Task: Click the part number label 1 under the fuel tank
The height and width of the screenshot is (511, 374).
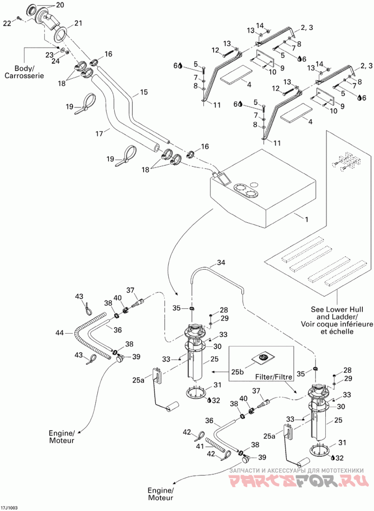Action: click(306, 219)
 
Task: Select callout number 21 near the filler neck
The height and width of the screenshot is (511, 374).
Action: click(78, 23)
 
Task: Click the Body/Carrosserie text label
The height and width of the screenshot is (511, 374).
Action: click(24, 72)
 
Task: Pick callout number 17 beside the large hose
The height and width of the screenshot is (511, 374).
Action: click(99, 133)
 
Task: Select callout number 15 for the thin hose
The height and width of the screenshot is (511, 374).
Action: click(144, 92)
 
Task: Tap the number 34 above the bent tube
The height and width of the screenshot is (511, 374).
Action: click(221, 263)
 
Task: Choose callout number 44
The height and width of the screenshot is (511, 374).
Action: click(60, 333)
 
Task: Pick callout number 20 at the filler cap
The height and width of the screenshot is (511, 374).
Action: click(60, 5)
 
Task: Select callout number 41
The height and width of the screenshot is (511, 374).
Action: click(200, 446)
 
